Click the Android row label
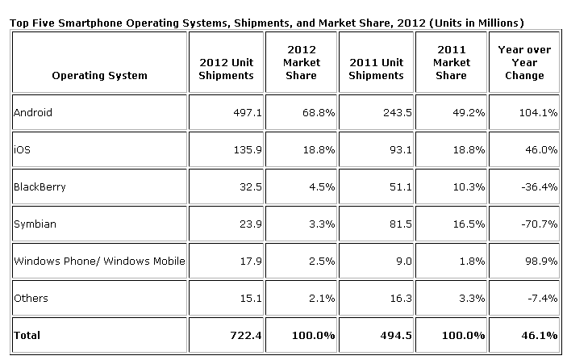tap(33, 113)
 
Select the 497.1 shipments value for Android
tap(242, 113)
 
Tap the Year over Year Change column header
tap(524, 63)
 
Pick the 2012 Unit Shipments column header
tap(227, 69)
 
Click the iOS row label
tap(23, 150)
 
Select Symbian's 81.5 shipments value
tap(391, 224)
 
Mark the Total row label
tap(27, 335)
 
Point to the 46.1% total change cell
tap(539, 335)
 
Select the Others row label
tap(31, 298)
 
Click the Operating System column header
tap(99, 76)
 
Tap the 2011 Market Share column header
tap(451, 63)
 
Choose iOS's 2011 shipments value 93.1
tap(391, 150)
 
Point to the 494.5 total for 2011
tap(388, 335)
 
